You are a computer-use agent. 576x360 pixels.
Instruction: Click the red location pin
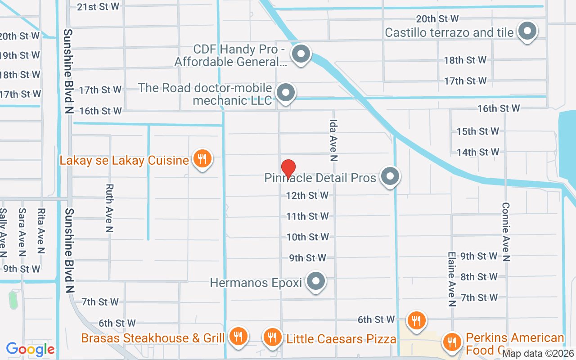tap(288, 169)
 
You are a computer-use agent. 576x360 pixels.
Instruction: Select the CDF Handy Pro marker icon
tap(301, 54)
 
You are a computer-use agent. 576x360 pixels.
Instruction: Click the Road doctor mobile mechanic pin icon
tap(285, 94)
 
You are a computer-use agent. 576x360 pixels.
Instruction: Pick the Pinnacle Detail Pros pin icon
tap(390, 176)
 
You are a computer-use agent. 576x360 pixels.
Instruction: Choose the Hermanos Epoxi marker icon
tap(315, 282)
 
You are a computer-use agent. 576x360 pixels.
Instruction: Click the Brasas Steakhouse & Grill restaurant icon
tap(238, 337)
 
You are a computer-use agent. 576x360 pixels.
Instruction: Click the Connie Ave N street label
tap(506, 231)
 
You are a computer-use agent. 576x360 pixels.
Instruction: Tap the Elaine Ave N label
tap(451, 279)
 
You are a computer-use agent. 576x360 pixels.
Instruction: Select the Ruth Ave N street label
tap(109, 208)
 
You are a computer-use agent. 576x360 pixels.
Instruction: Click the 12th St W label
tap(307, 195)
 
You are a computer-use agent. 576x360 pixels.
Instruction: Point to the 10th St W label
tap(308, 237)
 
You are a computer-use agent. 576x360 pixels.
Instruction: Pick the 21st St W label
tap(99, 6)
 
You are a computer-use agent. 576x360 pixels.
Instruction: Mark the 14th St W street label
tap(477, 152)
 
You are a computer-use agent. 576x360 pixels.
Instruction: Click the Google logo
tap(30, 349)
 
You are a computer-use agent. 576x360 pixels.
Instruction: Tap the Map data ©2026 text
tap(538, 354)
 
